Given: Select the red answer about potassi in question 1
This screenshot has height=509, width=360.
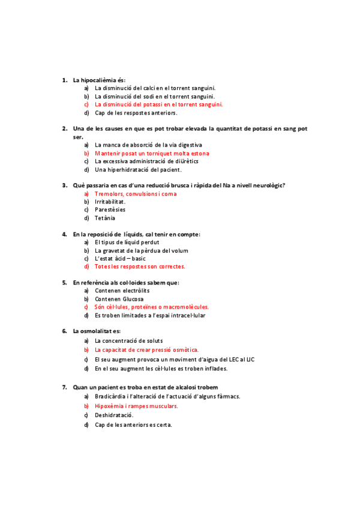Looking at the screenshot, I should (x=158, y=104).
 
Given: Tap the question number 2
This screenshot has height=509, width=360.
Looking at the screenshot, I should (x=65, y=128).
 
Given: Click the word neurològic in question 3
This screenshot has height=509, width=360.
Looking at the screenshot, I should (x=268, y=185).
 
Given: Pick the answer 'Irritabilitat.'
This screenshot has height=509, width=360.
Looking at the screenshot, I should (x=110, y=202).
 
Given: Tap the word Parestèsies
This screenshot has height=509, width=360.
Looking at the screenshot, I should (x=110, y=209).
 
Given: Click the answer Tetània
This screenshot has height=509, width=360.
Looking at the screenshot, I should (x=105, y=218).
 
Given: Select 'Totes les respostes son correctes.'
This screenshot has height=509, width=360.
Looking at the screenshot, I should (x=140, y=266).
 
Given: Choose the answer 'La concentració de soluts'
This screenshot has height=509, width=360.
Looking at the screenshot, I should (x=129, y=340).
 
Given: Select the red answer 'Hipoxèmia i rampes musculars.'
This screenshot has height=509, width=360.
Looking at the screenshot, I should (x=136, y=406).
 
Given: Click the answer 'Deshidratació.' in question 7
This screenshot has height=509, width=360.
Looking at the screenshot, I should (x=114, y=415).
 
